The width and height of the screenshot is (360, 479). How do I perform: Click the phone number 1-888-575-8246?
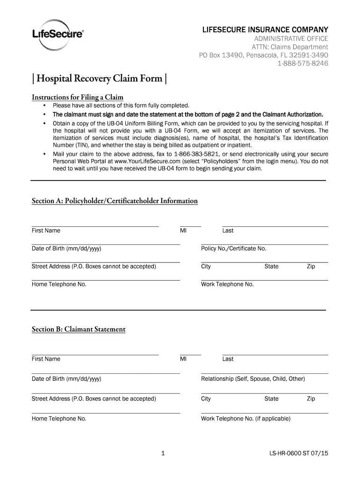point(303,64)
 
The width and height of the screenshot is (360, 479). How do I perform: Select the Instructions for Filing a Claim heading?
point(77,97)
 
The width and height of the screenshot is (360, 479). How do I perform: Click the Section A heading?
point(115,201)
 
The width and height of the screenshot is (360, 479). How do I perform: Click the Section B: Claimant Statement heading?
point(79,329)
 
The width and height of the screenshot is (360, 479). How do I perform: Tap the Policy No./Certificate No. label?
point(233,248)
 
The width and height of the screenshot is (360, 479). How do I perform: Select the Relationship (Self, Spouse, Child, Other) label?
point(252,379)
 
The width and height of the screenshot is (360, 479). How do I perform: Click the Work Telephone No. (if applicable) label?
point(245,419)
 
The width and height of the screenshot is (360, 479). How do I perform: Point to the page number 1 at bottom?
point(162,453)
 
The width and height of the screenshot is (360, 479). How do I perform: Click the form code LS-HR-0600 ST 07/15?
point(298,453)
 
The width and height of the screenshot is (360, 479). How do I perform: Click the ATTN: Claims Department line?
point(290,47)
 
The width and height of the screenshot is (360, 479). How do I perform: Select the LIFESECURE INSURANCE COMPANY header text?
point(265,30)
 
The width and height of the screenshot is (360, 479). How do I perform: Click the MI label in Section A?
point(183,231)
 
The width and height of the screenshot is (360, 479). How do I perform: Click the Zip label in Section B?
point(310,399)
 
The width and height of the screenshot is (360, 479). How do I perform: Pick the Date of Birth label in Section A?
point(66,248)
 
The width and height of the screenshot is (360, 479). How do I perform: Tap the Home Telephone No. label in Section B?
point(59,419)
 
